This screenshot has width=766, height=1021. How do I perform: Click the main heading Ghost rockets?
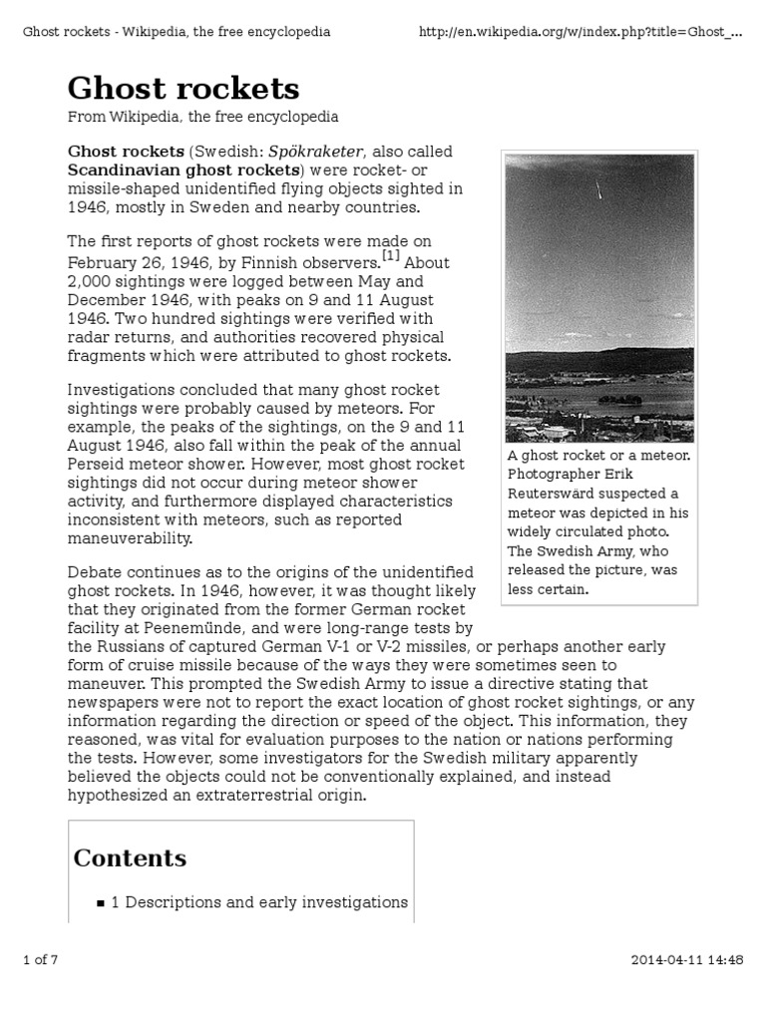pyautogui.click(x=183, y=89)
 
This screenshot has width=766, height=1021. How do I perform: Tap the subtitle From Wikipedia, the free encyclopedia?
pyautogui.click(x=202, y=118)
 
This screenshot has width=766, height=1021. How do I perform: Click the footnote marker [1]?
pyautogui.click(x=390, y=257)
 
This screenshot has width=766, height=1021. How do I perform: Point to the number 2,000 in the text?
pyautogui.click(x=91, y=282)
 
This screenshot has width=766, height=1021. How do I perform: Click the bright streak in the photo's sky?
pyautogui.click(x=599, y=188)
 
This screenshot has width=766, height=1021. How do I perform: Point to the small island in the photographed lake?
pyautogui.click(x=618, y=399)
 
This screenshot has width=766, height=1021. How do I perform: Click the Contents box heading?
pyautogui.click(x=130, y=858)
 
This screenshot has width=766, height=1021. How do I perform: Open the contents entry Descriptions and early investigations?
pyautogui.click(x=258, y=902)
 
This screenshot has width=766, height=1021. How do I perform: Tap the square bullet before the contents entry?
pyautogui.click(x=101, y=903)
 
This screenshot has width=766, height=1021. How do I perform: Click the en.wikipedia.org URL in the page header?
pyautogui.click(x=578, y=32)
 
